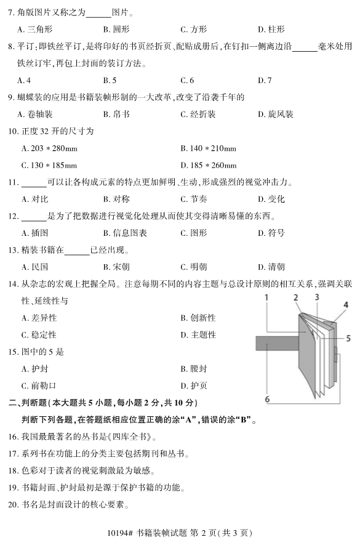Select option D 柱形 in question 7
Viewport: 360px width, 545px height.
tap(271, 29)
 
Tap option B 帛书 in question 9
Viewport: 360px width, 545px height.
tap(116, 114)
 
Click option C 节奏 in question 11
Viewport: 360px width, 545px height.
tap(194, 199)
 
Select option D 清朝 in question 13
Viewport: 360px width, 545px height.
tap(271, 267)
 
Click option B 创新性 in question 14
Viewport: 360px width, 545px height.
tap(198, 318)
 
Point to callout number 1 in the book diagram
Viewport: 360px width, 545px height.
tap(266, 297)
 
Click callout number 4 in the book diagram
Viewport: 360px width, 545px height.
tap(346, 305)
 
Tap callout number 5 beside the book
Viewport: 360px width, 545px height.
tap(348, 338)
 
